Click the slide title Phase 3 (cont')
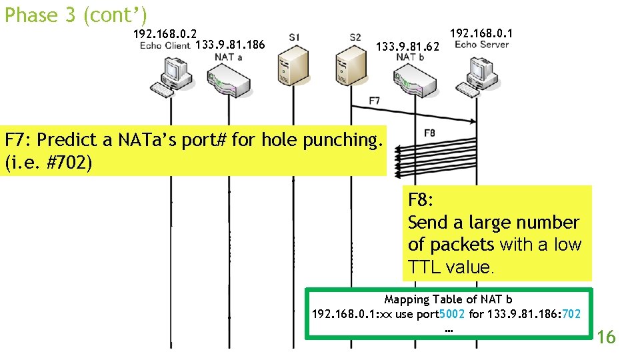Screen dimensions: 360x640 (75, 15)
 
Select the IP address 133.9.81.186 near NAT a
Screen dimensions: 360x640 (230, 45)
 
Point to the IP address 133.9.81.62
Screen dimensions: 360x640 (408, 47)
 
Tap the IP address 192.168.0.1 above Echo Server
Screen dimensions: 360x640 (481, 33)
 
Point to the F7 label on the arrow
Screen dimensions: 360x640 (375, 101)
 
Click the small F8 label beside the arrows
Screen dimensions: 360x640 (429, 133)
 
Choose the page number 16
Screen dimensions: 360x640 (606, 337)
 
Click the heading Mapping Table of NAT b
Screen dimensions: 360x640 (448, 300)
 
